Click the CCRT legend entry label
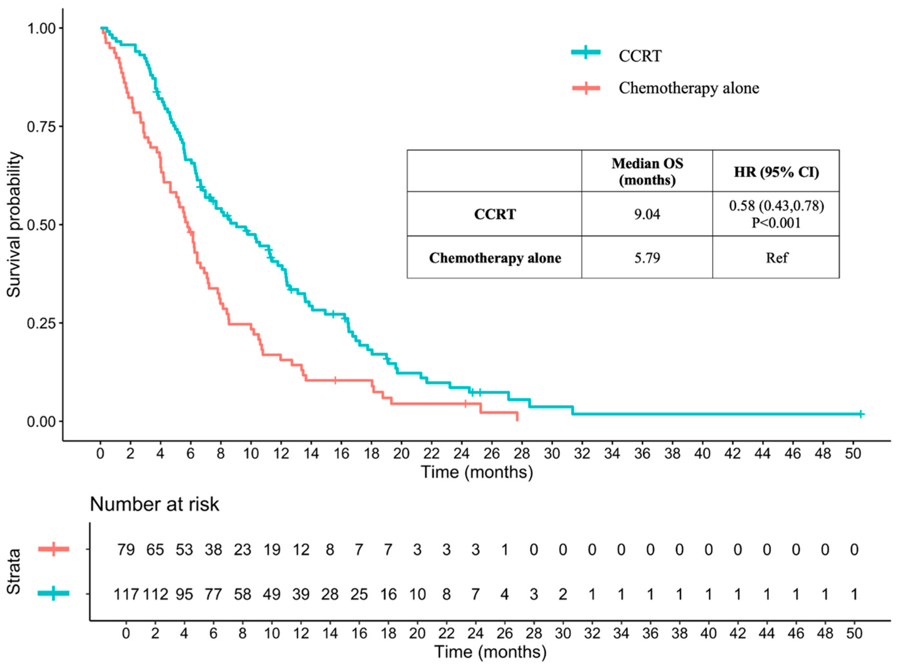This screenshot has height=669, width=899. click(640, 56)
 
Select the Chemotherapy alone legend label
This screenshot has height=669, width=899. click(689, 88)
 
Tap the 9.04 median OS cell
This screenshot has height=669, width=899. click(646, 214)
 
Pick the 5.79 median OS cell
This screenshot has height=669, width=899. click(646, 258)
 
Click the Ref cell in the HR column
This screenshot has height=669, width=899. click(776, 258)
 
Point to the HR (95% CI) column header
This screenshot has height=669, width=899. click(776, 172)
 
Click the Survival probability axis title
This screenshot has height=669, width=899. click(14, 225)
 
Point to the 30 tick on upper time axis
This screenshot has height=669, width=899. click(552, 454)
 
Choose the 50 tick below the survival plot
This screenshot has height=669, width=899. click(853, 454)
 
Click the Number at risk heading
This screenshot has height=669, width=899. click(154, 505)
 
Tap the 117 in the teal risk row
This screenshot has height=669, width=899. click(126, 595)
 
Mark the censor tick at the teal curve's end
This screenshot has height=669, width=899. click(861, 414)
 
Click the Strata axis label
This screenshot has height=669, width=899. click(14, 571)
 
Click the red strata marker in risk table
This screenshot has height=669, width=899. click(53, 549)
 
